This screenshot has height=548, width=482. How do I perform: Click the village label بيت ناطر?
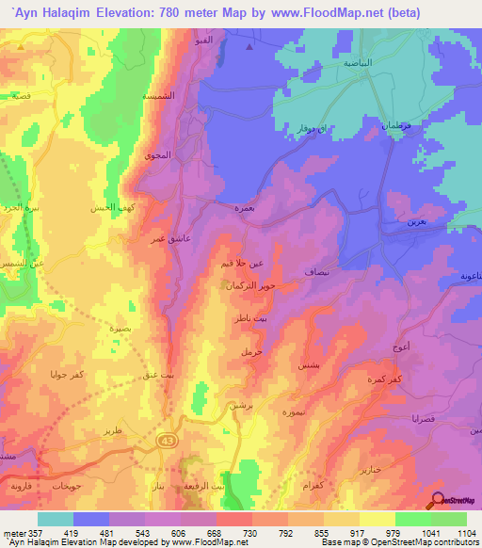click(x=243, y=321)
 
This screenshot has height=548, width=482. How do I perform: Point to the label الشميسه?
click(x=155, y=97)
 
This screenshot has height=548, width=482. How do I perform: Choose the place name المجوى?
click(x=156, y=155)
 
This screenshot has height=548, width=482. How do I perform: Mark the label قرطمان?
click(x=396, y=125)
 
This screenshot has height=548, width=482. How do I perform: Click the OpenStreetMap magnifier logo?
click(x=438, y=501)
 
